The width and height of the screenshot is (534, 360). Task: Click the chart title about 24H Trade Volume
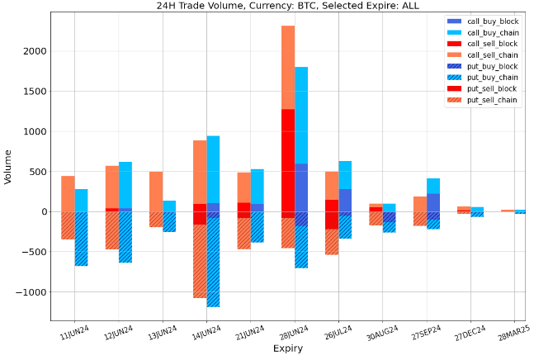point(288,6)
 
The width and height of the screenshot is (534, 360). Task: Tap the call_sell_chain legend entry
point(492,54)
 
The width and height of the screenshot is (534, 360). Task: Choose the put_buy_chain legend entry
point(492,78)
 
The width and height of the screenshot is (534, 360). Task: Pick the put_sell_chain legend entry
point(492,100)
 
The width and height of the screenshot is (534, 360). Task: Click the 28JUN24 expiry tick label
point(295,333)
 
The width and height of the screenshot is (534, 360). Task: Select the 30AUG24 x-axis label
point(382,333)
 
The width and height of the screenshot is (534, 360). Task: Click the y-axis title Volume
point(9,166)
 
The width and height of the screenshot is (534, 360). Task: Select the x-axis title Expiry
point(288,349)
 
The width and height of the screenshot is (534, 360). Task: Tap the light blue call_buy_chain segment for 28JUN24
point(301,116)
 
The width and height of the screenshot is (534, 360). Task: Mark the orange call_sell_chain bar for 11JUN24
point(68,193)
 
